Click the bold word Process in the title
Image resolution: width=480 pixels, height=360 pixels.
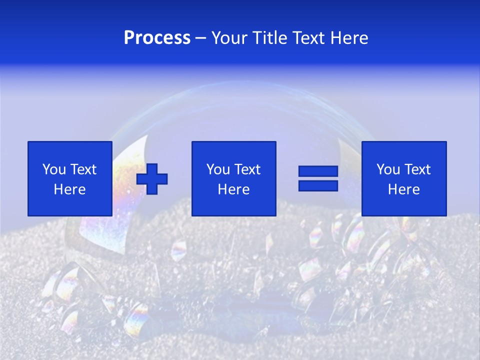pyautogui.click(x=157, y=38)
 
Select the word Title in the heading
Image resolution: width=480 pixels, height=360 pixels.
pyautogui.click(x=269, y=38)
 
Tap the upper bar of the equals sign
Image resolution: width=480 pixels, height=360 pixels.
pyautogui.click(x=318, y=171)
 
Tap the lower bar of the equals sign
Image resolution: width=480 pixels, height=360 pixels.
pyautogui.click(x=318, y=185)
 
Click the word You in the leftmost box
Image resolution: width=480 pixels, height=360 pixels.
pyautogui.click(x=54, y=169)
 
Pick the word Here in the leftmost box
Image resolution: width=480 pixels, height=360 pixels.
pyautogui.click(x=69, y=189)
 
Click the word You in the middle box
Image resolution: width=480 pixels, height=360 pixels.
pyautogui.click(x=218, y=169)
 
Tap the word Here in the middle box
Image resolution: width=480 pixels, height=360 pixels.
pyautogui.click(x=233, y=189)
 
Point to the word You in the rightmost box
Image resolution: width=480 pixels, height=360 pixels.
pyautogui.click(x=388, y=169)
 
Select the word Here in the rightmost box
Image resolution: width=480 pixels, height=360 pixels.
pyautogui.click(x=403, y=189)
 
